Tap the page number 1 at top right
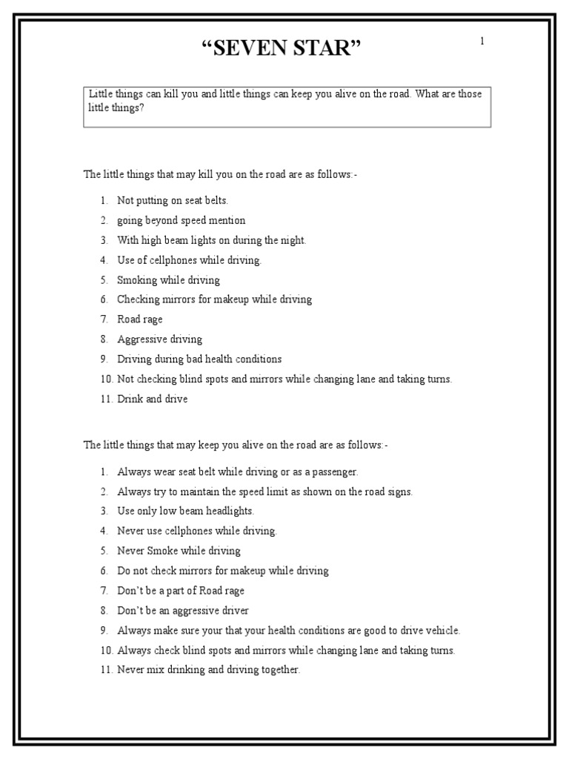[482, 42]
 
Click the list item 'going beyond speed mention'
[181, 220]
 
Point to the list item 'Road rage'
[139, 319]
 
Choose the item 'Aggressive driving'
[159, 339]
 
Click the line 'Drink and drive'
[152, 399]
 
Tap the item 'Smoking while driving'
[168, 280]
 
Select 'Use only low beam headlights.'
[185, 511]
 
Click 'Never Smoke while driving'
[179, 551]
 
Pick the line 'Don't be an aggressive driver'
[182, 611]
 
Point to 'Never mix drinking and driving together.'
[208, 670]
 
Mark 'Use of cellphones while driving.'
[189, 260]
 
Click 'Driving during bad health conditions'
[199, 359]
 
